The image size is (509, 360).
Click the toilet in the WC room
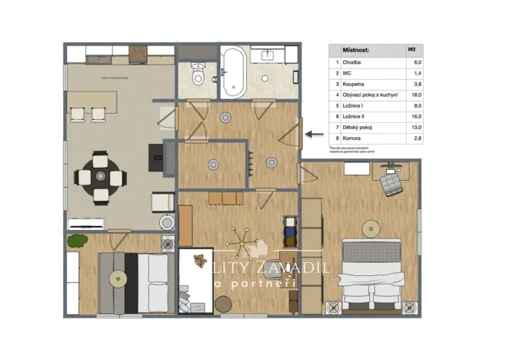coord(198,75)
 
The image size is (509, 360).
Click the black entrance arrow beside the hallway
coord(314,133)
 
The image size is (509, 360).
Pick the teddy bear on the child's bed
coord(201,259)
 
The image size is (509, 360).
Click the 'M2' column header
coord(413,49)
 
